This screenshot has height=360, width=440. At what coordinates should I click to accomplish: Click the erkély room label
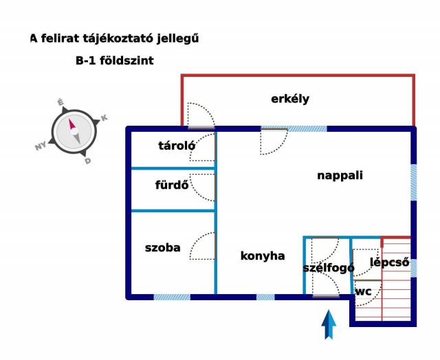(290, 99)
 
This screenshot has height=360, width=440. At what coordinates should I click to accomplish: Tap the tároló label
(177, 146)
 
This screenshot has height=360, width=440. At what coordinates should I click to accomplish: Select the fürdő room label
(172, 185)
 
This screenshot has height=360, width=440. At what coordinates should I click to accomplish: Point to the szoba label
(163, 248)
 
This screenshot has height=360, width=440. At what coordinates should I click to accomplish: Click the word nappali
(340, 176)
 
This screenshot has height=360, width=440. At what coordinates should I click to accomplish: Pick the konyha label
(263, 256)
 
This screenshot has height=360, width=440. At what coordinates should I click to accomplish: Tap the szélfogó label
(329, 268)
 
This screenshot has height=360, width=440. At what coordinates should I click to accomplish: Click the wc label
(364, 292)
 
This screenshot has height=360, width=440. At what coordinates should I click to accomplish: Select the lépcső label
(390, 262)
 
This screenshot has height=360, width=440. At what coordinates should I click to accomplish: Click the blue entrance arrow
(329, 324)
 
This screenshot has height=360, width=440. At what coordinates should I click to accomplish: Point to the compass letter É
(60, 102)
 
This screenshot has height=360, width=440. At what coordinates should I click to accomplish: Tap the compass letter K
(104, 117)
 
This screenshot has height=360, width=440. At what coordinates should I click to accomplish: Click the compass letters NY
(41, 146)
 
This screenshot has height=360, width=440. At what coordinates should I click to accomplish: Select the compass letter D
(88, 161)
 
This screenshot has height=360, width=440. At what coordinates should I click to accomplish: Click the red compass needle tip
(69, 119)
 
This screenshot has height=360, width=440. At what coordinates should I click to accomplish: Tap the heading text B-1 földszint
(115, 60)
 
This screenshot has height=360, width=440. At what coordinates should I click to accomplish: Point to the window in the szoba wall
(172, 297)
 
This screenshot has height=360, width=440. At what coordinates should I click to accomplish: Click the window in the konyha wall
(265, 297)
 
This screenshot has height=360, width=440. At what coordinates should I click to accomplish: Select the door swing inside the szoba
(203, 246)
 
